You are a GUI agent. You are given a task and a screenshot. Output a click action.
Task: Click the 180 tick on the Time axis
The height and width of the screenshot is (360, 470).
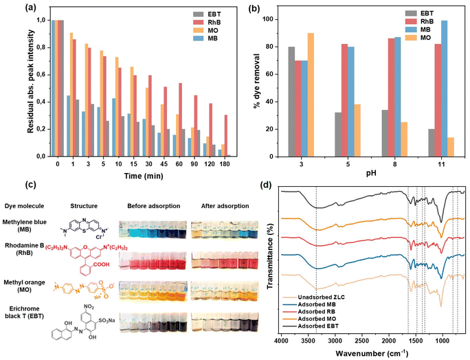coord(225,166)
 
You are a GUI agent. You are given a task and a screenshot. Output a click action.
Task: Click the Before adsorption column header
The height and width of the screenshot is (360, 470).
coord(148,205)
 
